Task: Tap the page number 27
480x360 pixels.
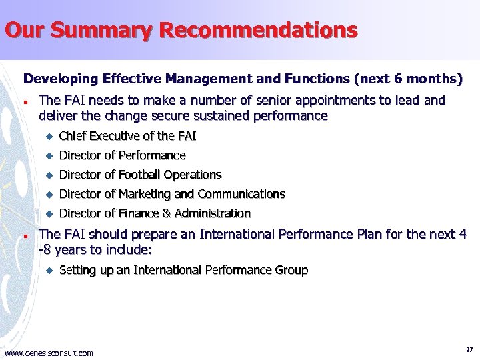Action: tap(469, 349)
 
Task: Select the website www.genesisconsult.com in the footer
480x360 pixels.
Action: tap(49, 353)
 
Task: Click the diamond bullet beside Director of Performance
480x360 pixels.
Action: tap(48, 155)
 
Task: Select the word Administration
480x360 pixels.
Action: tap(212, 213)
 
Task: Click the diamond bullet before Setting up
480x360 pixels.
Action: tap(48, 270)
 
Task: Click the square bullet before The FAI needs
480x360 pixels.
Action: tap(25, 103)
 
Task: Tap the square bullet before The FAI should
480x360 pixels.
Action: tap(25, 236)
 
